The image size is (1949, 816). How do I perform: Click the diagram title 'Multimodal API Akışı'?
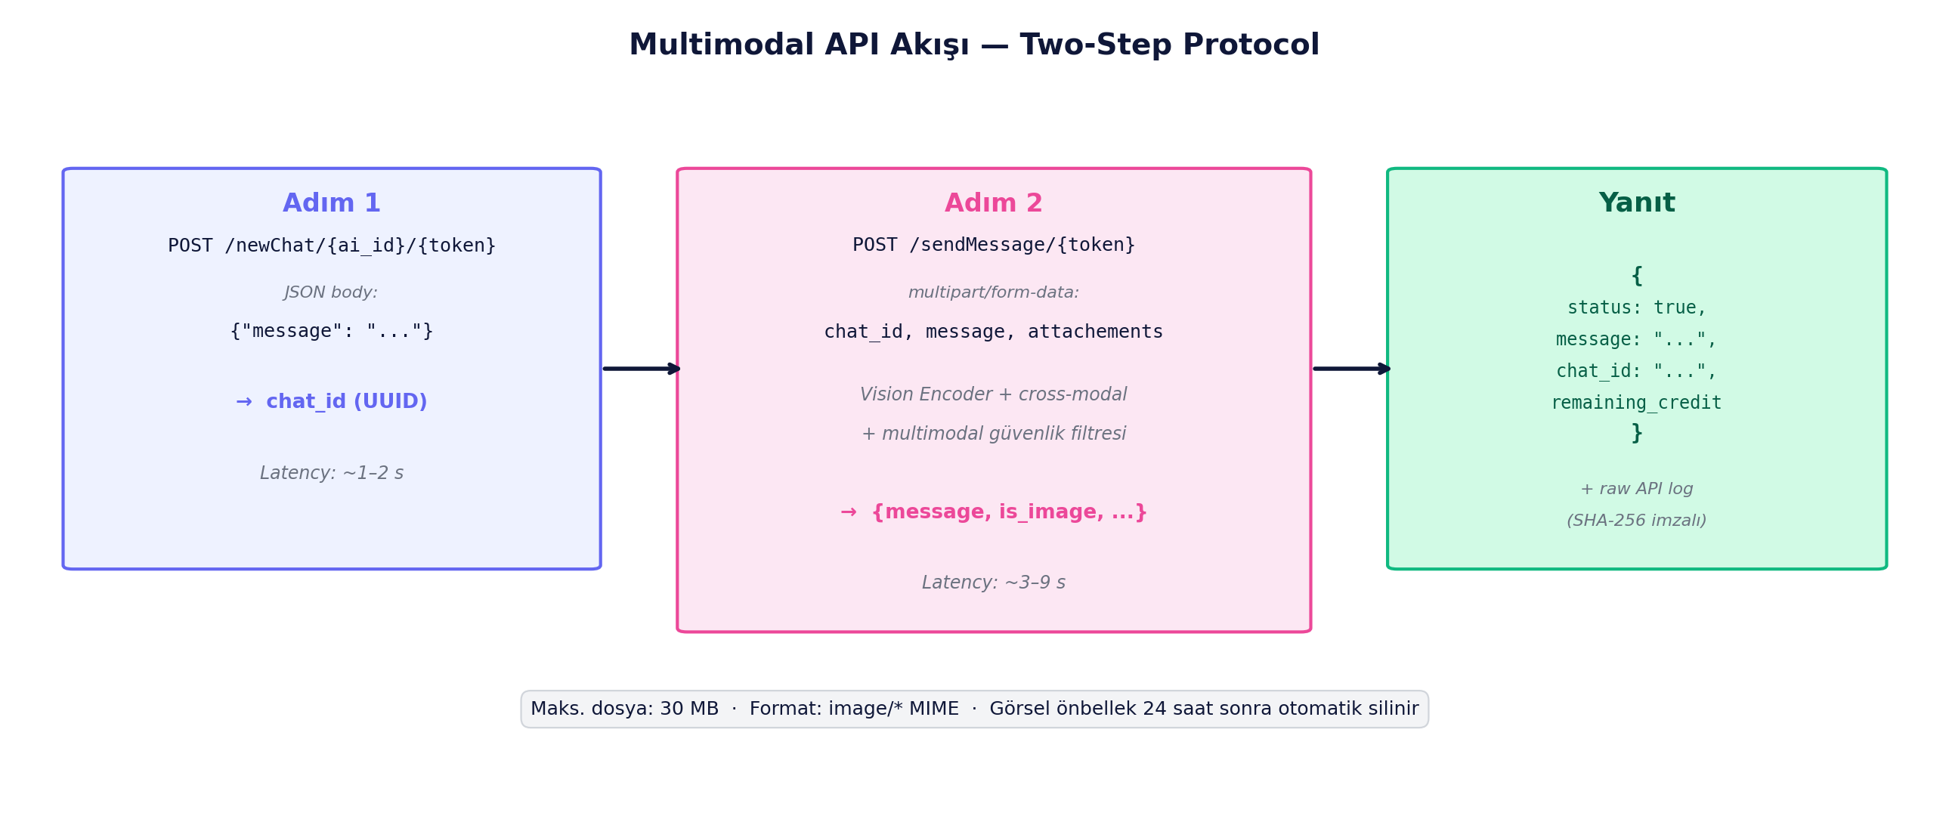click(x=798, y=45)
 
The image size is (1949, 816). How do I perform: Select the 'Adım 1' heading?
click(x=332, y=202)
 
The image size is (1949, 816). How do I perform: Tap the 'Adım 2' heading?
click(x=993, y=202)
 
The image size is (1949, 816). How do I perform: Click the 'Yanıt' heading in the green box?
click(x=1636, y=202)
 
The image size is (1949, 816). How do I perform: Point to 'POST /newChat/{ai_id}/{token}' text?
click(x=332, y=246)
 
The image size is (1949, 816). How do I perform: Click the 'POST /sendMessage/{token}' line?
click(x=993, y=245)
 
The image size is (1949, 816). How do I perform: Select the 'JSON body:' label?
click(x=331, y=292)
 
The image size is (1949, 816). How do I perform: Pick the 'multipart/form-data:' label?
click(x=993, y=292)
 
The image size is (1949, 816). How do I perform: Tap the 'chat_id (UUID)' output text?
click(x=347, y=401)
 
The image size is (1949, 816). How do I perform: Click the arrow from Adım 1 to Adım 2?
click(x=641, y=369)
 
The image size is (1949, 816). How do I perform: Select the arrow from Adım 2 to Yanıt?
click(x=1351, y=369)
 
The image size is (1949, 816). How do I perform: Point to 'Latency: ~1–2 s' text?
click(x=332, y=474)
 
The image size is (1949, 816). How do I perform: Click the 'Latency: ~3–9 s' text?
click(x=993, y=583)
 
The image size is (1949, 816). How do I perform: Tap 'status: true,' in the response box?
click(x=1636, y=308)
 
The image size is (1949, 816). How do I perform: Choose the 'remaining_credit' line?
click(x=1636, y=403)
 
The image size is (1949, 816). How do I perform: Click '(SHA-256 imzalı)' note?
click(x=1636, y=521)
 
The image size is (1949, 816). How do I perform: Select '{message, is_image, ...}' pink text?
click(x=1009, y=513)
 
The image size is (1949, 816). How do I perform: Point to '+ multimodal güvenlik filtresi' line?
click(x=993, y=434)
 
